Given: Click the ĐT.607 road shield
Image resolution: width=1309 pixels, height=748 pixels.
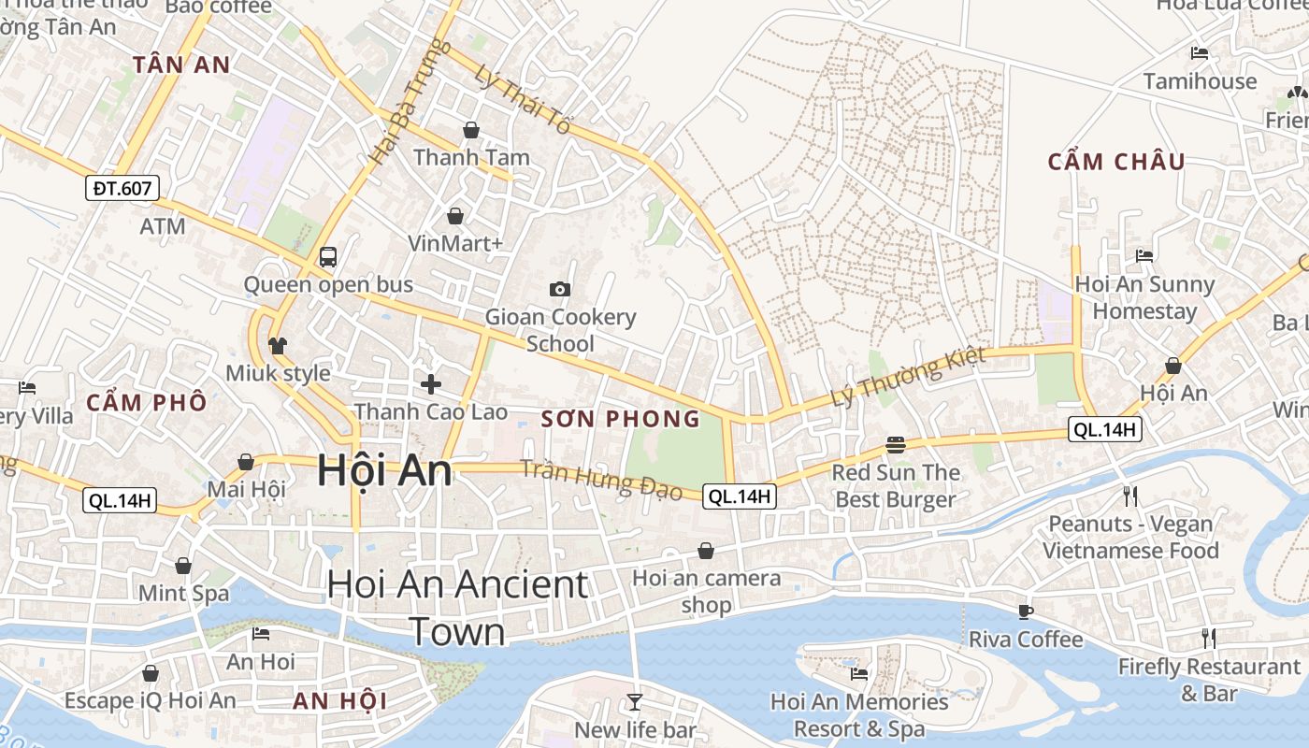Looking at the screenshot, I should click(122, 188).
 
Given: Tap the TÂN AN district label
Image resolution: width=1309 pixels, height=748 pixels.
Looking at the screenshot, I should click(181, 65).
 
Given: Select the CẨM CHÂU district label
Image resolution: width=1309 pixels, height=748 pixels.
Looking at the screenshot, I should click(1115, 162).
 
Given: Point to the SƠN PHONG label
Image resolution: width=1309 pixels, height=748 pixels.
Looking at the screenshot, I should click(621, 419).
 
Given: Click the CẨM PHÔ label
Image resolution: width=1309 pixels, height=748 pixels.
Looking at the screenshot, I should click(147, 403).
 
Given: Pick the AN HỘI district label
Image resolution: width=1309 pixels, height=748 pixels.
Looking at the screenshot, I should click(339, 700).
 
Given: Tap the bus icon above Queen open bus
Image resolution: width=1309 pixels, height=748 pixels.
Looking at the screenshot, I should click(327, 257).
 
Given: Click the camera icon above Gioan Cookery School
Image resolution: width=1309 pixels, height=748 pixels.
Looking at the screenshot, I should click(560, 289).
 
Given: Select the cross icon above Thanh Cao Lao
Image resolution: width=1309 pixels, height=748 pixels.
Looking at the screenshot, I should click(430, 383).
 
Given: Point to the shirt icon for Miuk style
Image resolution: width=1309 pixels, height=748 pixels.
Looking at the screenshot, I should click(278, 346).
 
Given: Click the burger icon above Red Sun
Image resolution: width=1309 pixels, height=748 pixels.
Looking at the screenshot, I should click(896, 445).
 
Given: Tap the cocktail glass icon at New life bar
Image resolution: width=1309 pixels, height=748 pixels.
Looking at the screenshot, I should click(635, 701).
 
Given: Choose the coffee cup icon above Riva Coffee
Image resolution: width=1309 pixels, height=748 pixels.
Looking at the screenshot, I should click(1026, 611).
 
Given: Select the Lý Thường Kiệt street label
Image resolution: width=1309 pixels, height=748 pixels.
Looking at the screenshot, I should click(908, 377).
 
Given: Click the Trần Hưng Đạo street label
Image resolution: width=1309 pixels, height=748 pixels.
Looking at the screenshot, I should click(600, 479).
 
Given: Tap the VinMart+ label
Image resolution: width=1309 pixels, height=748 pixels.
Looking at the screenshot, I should click(455, 243).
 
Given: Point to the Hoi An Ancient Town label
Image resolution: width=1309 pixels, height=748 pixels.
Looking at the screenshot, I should click(457, 608).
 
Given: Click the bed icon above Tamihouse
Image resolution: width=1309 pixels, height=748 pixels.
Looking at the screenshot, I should click(1200, 53).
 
